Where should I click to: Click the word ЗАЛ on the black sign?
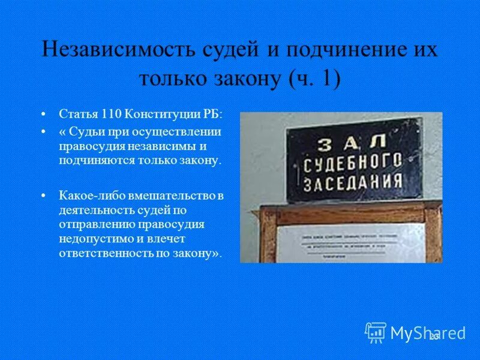343,142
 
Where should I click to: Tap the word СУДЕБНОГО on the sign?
351,162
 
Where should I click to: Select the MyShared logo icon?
376,332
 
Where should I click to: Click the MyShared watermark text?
428,333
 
